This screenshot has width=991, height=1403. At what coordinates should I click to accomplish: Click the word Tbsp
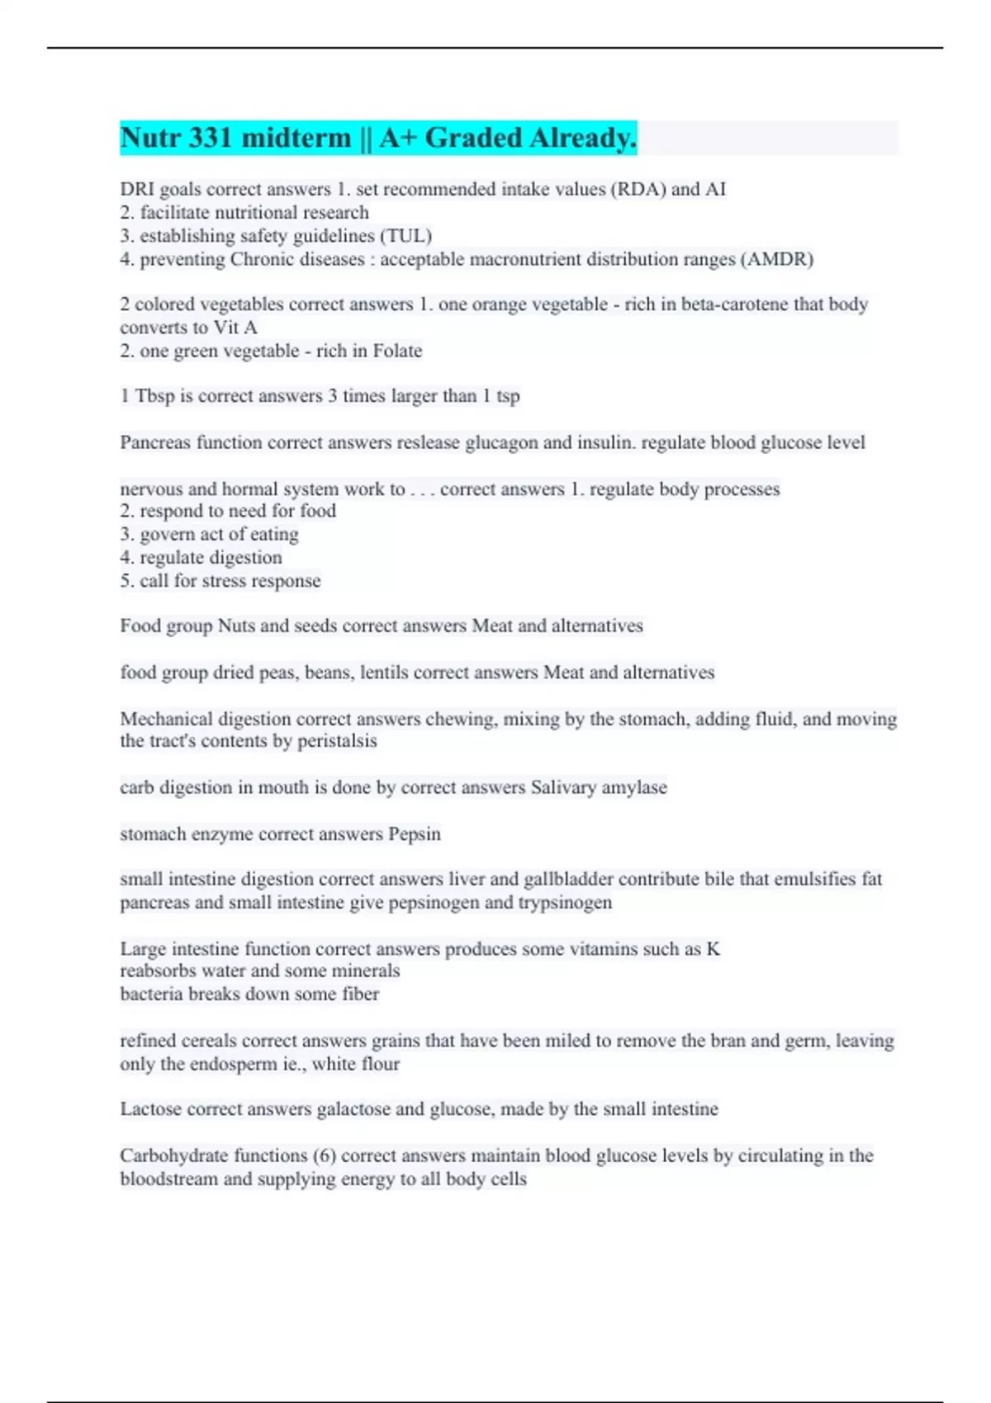(x=155, y=396)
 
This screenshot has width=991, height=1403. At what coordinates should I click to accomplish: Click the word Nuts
(x=236, y=626)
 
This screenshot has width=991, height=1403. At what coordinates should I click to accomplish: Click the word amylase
(x=633, y=787)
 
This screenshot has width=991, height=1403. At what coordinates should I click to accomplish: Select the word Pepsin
(x=415, y=834)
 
